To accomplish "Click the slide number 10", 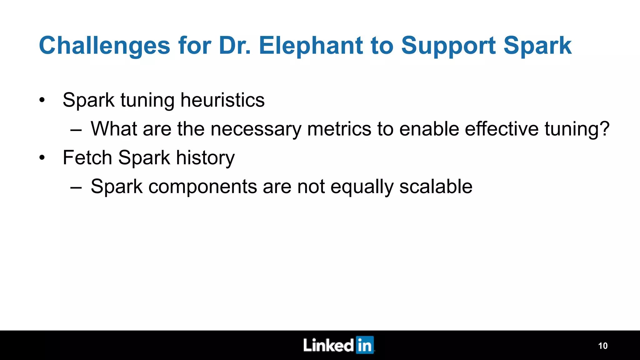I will [602, 346].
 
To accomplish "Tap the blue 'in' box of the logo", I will [365, 345].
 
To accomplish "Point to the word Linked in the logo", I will [328, 345].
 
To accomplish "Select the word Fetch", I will [87, 157].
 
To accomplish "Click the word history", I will [205, 158].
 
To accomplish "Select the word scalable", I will [436, 187].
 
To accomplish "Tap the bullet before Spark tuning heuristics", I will [42, 101].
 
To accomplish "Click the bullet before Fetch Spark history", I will [42, 158].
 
